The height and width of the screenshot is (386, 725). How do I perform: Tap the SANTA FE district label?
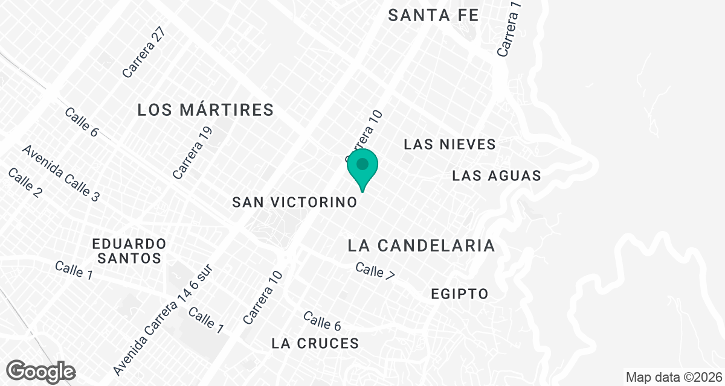coord(433,16)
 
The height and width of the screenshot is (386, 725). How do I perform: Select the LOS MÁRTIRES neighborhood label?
coord(205,110)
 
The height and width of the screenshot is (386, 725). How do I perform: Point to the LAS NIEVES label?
coord(449,145)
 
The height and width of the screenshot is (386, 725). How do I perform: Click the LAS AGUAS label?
coord(496,176)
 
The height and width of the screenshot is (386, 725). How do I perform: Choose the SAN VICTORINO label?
coord(295,203)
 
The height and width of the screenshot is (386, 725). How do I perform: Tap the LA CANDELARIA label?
coord(422,245)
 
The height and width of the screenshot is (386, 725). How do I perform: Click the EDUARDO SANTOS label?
coord(129,251)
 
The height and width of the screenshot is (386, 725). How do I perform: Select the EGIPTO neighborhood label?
coord(459,294)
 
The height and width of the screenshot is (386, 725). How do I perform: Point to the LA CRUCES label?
coord(315,344)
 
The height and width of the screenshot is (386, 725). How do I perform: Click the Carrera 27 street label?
coord(143,52)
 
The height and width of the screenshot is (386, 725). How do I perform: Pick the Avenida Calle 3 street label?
coord(60,173)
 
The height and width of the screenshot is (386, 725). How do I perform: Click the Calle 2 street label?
coord(25,183)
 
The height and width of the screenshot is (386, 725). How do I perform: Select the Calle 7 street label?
coord(375,270)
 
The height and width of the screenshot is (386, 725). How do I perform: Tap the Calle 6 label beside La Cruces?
coord(322,321)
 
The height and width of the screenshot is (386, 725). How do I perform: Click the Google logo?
coord(41,371)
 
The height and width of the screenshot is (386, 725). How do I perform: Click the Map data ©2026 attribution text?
coord(673,378)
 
